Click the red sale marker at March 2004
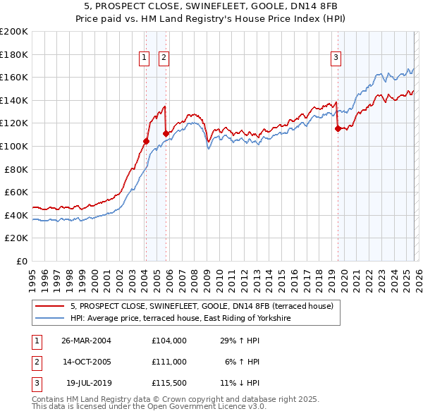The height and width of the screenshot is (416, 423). point(147,141)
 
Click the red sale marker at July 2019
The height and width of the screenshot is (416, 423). point(338,128)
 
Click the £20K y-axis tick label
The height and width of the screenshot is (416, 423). point(17,238)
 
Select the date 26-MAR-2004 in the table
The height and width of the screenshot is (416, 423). point(86,340)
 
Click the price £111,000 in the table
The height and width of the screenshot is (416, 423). point(168,362)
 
